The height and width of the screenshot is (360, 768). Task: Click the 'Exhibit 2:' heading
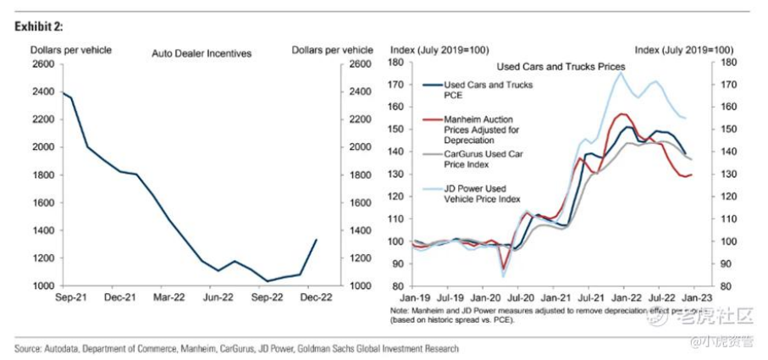coord(38,27)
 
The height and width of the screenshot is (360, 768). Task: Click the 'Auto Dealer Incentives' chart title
coord(202,53)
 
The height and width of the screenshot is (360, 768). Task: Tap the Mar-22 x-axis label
coord(169,298)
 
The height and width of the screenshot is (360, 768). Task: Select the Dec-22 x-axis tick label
coord(317,298)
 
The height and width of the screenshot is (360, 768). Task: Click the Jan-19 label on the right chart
coord(412,298)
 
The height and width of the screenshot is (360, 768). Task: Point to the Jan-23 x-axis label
coord(697,298)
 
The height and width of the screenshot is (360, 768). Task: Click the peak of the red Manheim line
coord(624,114)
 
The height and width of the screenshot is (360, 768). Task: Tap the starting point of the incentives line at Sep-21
coord(63,91)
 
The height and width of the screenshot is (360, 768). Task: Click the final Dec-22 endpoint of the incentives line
coord(317,240)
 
